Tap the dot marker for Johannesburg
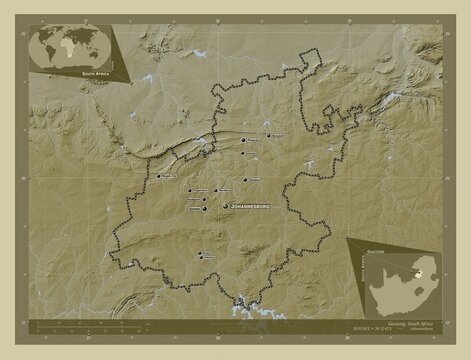click(x=225, y=205)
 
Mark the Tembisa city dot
click(x=245, y=178)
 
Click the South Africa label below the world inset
click(x=91, y=74)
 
